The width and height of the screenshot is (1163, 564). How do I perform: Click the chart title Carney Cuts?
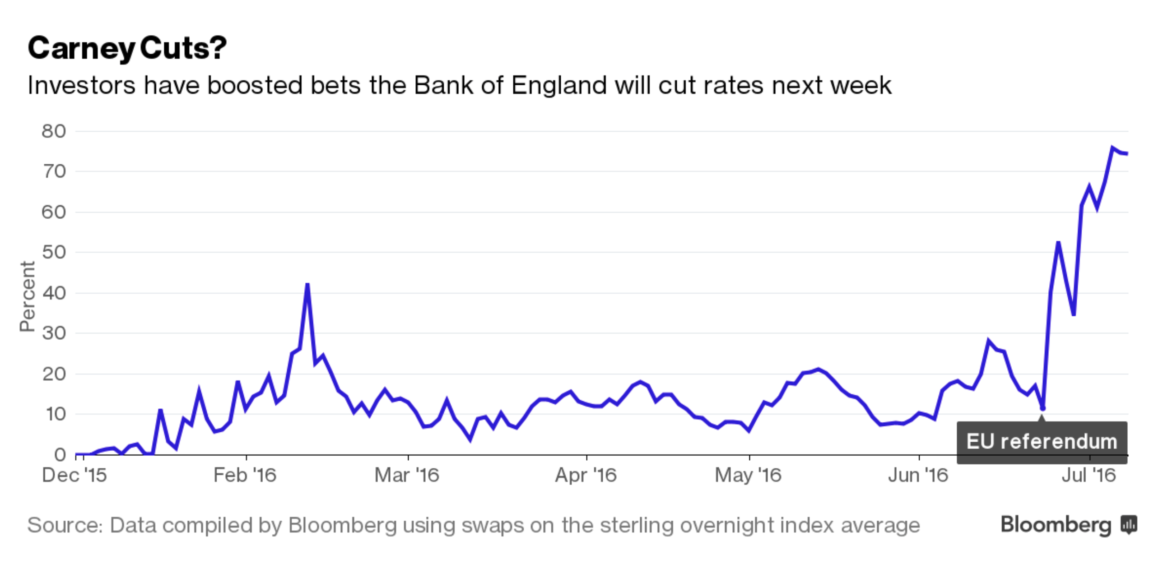(x=127, y=48)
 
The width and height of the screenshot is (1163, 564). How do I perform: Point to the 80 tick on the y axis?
(x=54, y=131)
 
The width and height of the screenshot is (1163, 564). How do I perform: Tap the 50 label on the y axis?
(x=54, y=252)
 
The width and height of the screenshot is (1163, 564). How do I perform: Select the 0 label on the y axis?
(x=60, y=454)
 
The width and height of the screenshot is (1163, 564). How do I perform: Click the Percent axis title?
(x=28, y=296)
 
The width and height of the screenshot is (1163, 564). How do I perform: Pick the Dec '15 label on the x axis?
(x=74, y=475)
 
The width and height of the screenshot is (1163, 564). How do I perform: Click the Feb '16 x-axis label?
(x=245, y=475)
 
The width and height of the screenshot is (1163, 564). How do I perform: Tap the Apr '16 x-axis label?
(x=586, y=475)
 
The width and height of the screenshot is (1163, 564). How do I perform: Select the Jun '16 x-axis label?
(x=918, y=475)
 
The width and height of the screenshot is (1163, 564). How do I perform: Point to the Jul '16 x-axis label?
(x=1089, y=475)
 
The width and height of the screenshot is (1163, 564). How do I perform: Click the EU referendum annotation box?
(x=1042, y=442)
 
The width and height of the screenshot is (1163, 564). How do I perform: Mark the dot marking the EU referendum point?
(x=1042, y=408)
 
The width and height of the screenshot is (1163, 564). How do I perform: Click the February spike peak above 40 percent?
(x=307, y=284)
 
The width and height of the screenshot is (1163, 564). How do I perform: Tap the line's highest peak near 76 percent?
(x=1112, y=148)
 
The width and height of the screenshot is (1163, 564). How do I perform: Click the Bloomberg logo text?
(x=1056, y=525)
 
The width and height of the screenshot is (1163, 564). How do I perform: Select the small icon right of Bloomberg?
(x=1129, y=525)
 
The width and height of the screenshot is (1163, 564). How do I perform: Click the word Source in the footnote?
(x=65, y=525)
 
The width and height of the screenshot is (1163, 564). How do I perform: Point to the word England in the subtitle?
(x=559, y=85)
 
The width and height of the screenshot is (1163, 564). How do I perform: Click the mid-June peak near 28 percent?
(x=988, y=341)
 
